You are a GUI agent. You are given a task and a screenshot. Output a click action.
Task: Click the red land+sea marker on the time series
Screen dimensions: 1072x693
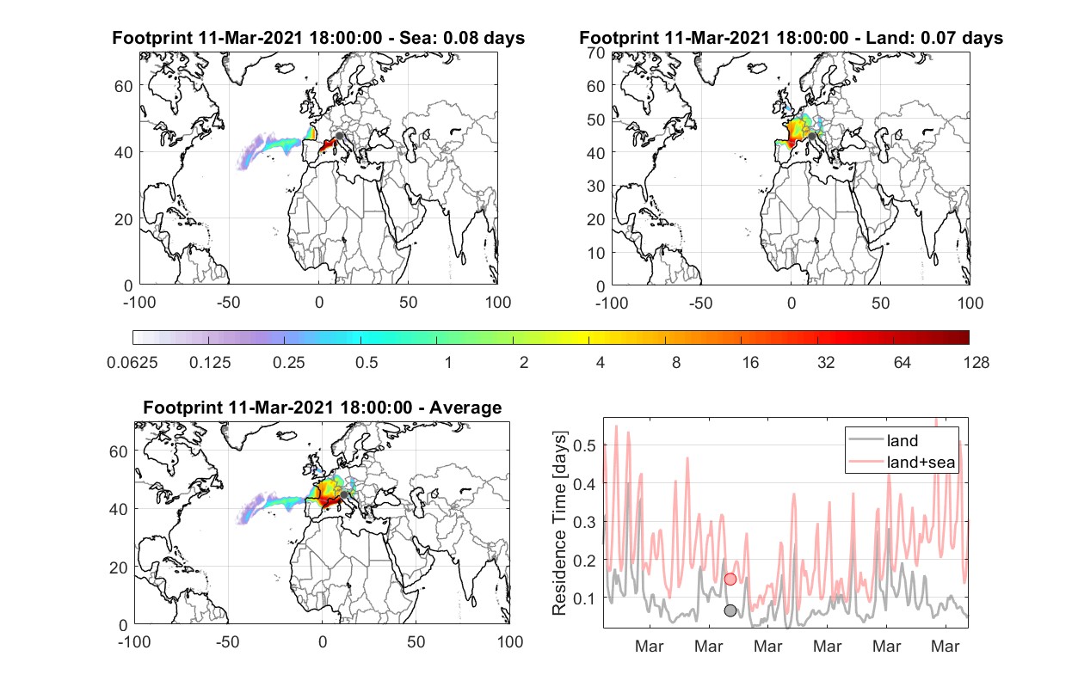coord(730,580)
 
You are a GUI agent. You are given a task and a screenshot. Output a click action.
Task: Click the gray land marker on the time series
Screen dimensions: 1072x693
coord(730,610)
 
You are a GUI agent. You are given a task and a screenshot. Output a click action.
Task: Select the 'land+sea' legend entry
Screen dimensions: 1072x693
coord(902,462)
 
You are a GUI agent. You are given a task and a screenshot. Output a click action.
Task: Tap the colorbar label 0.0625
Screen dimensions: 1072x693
coord(132,363)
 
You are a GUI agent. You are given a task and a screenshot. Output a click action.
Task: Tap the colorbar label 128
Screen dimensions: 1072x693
coord(976,363)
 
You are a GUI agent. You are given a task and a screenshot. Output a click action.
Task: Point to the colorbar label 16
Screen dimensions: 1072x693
coord(750,363)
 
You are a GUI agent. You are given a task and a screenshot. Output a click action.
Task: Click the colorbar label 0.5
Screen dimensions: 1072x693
coord(367,363)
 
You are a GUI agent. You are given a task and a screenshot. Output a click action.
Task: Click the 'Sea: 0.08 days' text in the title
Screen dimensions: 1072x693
coord(462,38)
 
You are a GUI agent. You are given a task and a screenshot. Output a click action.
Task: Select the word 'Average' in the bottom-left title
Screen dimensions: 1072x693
coord(465,408)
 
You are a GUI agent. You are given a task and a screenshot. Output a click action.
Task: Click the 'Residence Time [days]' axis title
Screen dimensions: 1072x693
coord(559,524)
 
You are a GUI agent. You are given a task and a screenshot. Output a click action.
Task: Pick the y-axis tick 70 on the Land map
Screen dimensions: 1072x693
coord(596,53)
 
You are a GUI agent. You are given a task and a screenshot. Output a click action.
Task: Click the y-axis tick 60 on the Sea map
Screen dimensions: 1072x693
coord(124,86)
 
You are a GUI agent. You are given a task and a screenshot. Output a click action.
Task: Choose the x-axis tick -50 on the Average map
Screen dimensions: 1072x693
coord(227,641)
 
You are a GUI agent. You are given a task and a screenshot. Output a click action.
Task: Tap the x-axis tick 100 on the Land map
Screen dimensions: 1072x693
coord(970,303)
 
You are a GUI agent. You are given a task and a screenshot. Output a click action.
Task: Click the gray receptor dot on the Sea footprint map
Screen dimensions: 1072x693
coord(339,136)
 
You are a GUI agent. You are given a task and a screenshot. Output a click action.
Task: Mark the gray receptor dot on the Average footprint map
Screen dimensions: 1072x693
coord(343,494)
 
